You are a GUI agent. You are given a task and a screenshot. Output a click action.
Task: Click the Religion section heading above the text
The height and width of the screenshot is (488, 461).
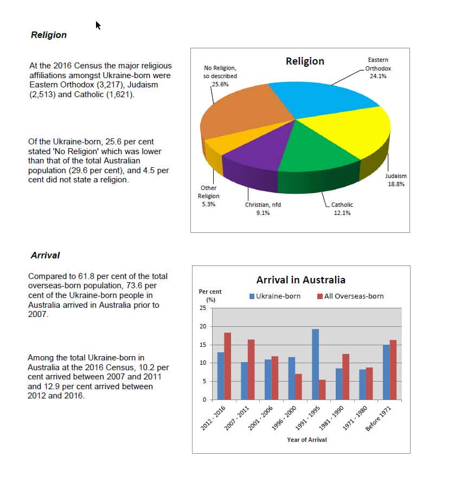49,35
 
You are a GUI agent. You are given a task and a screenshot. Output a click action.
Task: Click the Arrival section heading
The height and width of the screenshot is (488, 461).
45,255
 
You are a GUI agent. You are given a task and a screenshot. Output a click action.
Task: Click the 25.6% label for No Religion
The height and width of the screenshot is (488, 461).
213,85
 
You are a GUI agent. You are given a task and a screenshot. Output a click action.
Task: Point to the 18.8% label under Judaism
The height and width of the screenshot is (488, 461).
395,185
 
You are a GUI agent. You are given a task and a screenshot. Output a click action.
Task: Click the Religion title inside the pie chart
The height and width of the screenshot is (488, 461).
305,61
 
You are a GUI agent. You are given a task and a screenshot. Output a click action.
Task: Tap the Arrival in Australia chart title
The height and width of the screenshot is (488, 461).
300,280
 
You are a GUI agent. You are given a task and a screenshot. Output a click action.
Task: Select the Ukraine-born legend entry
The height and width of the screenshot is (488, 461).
275,296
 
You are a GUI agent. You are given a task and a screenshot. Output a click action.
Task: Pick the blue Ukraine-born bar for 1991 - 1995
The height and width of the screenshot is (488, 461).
315,364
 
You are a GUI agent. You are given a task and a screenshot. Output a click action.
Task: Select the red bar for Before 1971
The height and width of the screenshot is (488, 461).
393,370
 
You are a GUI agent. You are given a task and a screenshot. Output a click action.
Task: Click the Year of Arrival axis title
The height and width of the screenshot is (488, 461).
307,440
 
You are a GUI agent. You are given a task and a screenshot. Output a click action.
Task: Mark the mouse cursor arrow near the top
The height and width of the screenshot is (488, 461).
99,25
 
